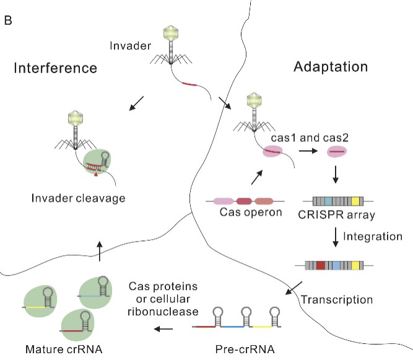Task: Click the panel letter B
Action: (x=9, y=21)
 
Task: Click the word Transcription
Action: (x=337, y=300)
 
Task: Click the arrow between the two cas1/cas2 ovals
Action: (x=306, y=151)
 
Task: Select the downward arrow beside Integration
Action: (x=335, y=237)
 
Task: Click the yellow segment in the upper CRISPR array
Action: (x=355, y=201)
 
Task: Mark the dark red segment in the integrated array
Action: (x=320, y=265)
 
